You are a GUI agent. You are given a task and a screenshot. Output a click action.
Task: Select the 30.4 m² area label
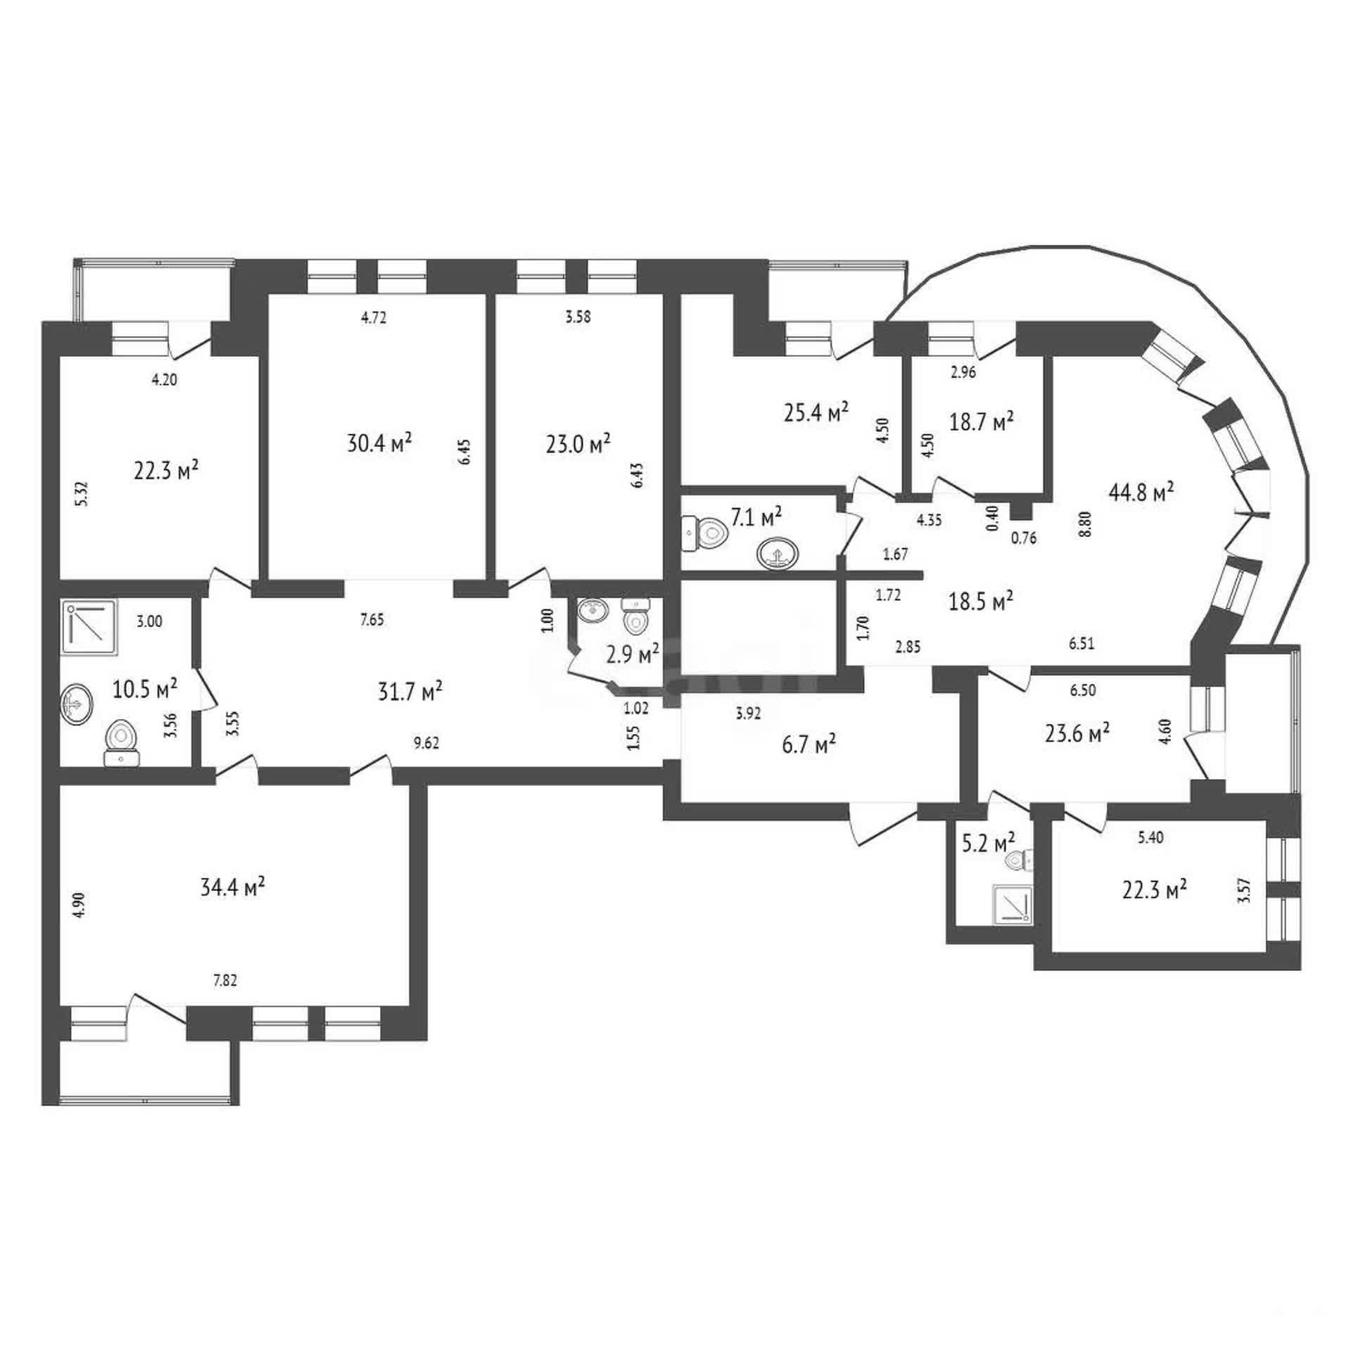click(x=379, y=443)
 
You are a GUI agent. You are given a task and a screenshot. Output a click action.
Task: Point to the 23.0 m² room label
click(x=578, y=444)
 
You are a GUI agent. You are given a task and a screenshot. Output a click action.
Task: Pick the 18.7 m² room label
click(x=982, y=421)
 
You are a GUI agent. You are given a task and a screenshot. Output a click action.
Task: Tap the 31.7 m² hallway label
click(x=410, y=691)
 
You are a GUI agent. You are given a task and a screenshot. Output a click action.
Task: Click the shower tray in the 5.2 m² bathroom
click(x=1013, y=903)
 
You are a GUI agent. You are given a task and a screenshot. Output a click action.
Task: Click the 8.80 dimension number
click(x=1087, y=524)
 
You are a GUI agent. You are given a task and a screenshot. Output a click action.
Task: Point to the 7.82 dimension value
click(x=224, y=981)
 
